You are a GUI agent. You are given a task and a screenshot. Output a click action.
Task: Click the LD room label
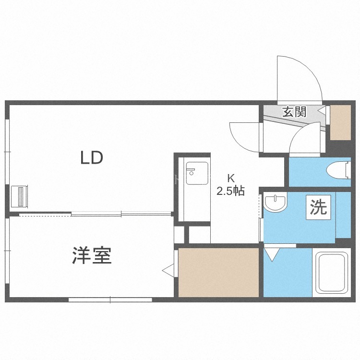point(92,157)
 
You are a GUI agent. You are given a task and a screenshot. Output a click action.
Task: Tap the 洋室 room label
point(92,255)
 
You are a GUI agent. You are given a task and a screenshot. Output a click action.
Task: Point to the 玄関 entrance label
point(295,112)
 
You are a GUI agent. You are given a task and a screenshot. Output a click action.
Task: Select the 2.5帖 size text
point(231,191)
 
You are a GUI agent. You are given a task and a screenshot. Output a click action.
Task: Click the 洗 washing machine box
point(318,207)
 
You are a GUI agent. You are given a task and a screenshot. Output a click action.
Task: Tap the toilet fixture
point(339,170)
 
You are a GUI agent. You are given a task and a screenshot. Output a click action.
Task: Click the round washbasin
point(276,202)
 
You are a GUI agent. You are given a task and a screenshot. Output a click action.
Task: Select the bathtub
point(331,273)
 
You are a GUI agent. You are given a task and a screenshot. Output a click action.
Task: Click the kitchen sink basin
point(197,173)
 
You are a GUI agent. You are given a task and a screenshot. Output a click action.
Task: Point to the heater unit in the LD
point(20,197)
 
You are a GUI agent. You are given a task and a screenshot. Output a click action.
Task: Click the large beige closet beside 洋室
point(218,273)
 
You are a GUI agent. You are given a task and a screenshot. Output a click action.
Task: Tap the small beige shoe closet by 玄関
point(340,122)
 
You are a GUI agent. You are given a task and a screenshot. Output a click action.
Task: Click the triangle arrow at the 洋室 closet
point(168,271)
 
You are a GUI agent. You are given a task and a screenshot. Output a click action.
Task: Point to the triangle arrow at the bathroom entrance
point(272,254)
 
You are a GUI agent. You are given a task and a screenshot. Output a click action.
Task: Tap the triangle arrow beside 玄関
point(322,110)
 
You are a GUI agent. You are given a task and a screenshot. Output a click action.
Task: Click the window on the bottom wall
point(110,300)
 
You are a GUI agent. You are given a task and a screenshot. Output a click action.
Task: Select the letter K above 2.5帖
point(231,178)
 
